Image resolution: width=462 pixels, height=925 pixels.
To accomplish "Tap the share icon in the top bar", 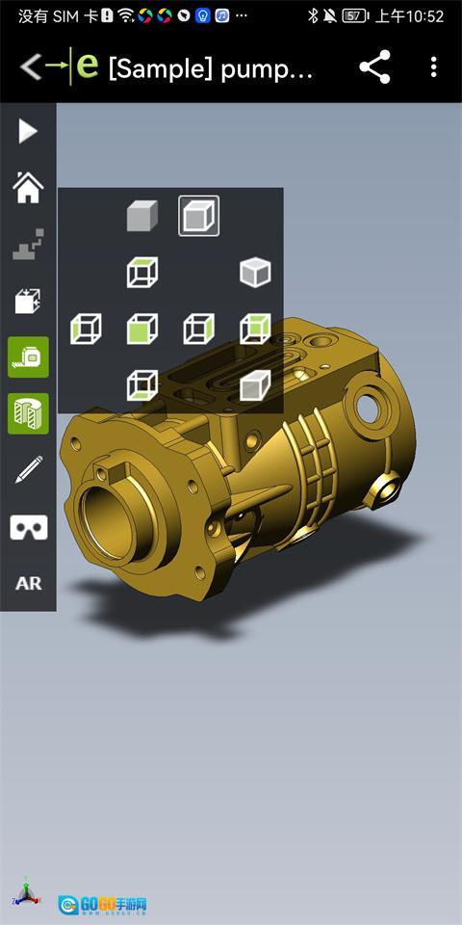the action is tap(374, 66).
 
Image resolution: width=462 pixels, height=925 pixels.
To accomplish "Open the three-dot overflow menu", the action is tap(434, 66).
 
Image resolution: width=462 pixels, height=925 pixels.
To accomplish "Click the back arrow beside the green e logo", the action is tap(31, 66).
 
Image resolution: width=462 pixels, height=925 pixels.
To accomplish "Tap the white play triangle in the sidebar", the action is tap(28, 131).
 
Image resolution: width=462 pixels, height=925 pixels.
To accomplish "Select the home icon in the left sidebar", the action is tap(28, 187).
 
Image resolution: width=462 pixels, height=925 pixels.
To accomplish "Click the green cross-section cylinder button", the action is tap(28, 413).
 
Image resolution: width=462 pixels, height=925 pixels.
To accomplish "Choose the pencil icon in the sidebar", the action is tap(28, 469).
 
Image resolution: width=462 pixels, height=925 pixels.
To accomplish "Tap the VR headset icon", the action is tap(28, 527).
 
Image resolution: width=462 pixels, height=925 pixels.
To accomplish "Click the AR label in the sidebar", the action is tap(28, 584).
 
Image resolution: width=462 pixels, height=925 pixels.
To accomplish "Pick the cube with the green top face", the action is tap(142, 273).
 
